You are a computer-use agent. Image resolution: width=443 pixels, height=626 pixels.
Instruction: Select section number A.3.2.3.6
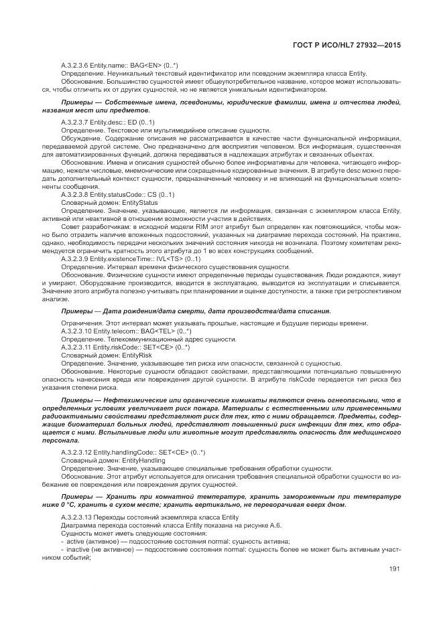point(75,65)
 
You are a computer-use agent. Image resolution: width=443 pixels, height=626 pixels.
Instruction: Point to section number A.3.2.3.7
point(75,123)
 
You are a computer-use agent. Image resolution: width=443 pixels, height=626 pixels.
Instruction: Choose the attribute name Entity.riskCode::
point(115,348)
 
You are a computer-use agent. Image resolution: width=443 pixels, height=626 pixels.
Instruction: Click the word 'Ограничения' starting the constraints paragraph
point(81,324)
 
